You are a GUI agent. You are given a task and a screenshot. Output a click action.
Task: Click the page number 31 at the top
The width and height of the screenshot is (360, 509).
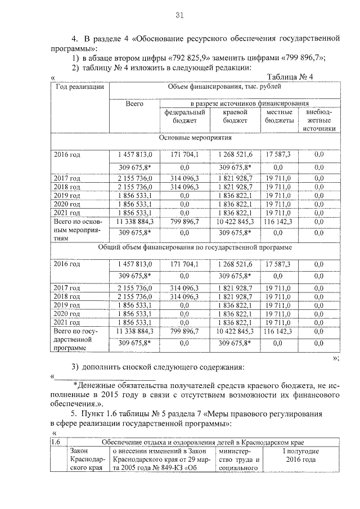pyautogui.click(x=179, y=15)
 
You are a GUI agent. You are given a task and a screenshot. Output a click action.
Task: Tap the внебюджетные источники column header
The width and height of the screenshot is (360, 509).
pyautogui.click(x=318, y=120)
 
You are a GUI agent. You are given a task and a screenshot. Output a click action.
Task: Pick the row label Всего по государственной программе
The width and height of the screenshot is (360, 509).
pyautogui.click(x=79, y=340)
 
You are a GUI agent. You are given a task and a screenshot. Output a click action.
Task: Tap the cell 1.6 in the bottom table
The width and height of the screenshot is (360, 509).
pyautogui.click(x=56, y=442)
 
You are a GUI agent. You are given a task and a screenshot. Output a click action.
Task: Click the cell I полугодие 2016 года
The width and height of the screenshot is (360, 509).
pyautogui.click(x=301, y=456)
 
